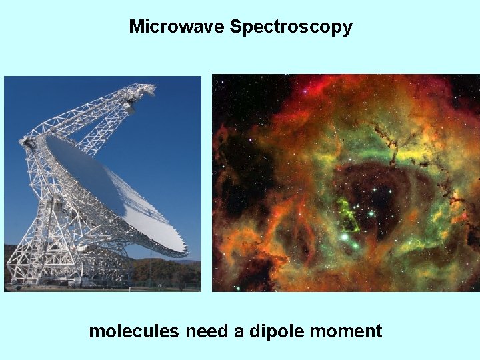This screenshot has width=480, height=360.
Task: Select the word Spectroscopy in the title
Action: point(291,27)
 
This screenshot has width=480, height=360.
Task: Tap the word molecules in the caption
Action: point(134,331)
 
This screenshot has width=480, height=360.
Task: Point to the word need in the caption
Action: point(207,331)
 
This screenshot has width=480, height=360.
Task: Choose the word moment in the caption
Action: point(347,331)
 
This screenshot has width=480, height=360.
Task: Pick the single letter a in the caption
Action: point(239,332)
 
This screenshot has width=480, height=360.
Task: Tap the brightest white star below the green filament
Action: point(345,237)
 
